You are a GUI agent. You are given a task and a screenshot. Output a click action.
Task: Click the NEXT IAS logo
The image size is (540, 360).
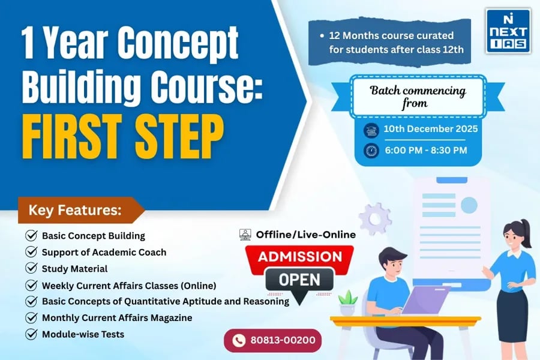pyautogui.click(x=508, y=31)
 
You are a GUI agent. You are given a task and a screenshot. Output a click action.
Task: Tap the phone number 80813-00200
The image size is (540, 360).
pyautogui.click(x=279, y=341)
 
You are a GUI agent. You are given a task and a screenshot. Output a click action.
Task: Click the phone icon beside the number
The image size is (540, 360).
pyautogui.click(x=239, y=341)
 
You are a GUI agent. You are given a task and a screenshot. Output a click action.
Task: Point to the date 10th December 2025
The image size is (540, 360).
pyautogui.click(x=430, y=129)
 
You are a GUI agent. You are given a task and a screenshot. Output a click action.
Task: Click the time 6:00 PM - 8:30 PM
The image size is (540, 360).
pyautogui.click(x=425, y=150)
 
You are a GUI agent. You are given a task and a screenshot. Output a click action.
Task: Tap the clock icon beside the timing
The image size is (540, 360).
pyautogui.click(x=371, y=150)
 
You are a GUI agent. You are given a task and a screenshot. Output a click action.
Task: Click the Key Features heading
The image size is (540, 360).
pyautogui.click(x=75, y=211)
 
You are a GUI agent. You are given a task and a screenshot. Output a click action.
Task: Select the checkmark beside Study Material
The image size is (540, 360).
pyautogui.click(x=31, y=268)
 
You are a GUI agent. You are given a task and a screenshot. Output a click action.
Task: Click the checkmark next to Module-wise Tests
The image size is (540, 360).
pyautogui.click(x=31, y=334)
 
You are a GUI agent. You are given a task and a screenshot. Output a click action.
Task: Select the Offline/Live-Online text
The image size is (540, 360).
pyautogui.click(x=305, y=235)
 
